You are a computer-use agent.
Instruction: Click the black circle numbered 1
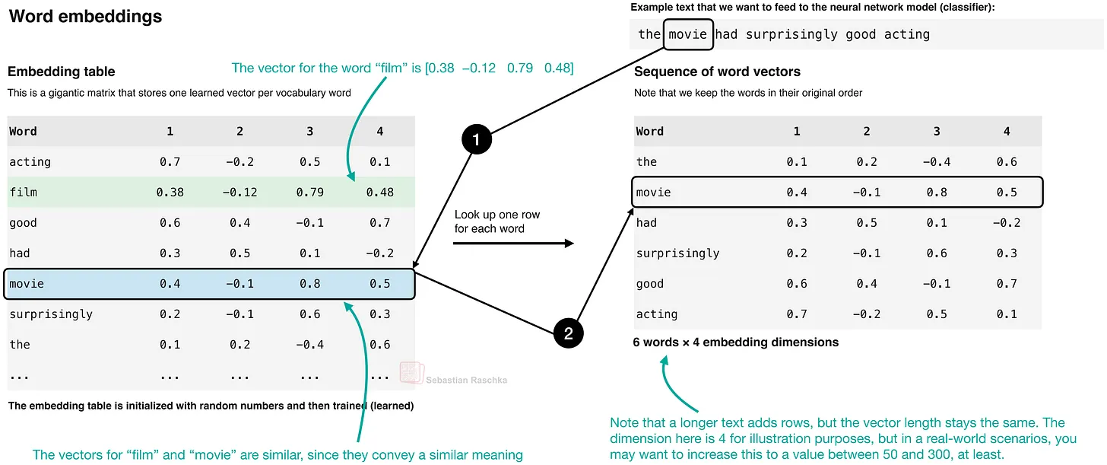click(477, 139)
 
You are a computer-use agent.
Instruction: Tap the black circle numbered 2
click(569, 333)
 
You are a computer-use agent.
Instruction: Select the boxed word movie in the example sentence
click(688, 35)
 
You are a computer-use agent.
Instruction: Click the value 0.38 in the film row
click(170, 193)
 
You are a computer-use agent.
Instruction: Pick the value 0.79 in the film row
click(310, 193)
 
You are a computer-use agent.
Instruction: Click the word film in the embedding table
click(24, 193)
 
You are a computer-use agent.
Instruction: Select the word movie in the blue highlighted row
click(27, 284)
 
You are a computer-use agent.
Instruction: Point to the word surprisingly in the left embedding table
click(51, 314)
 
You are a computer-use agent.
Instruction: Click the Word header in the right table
click(650, 132)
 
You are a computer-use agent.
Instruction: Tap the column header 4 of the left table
click(379, 132)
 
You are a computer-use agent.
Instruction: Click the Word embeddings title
click(85, 16)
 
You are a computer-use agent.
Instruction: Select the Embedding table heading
click(62, 72)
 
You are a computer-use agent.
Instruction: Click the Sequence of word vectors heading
click(717, 72)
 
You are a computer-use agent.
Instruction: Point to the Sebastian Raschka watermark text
click(467, 380)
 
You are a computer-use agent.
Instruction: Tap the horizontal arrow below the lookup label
click(513, 244)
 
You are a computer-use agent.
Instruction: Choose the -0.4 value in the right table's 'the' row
click(937, 162)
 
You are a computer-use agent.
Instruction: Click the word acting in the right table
click(657, 314)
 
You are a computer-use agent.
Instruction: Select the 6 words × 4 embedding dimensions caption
click(736, 342)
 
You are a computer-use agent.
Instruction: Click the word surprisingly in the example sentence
click(791, 35)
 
